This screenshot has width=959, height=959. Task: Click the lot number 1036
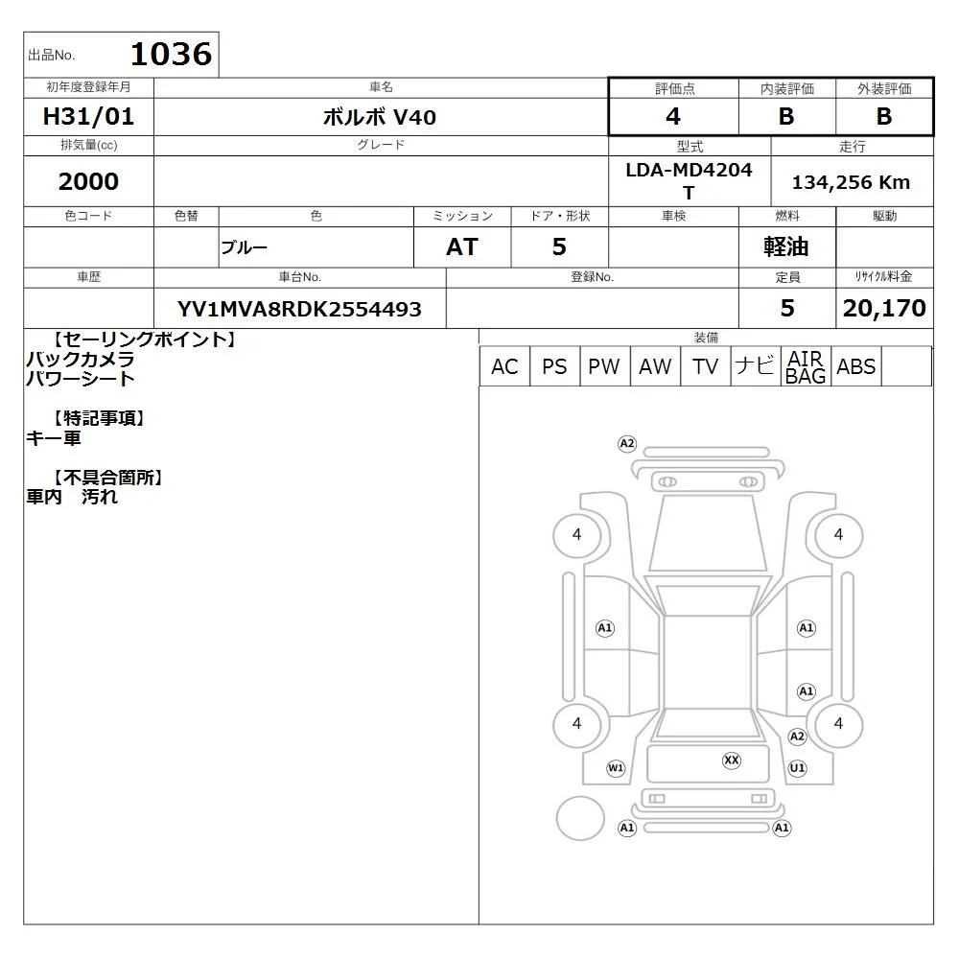pyautogui.click(x=172, y=54)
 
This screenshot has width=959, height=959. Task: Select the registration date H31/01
pyautogui.click(x=88, y=116)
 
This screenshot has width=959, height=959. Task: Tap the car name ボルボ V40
pyautogui.click(x=380, y=117)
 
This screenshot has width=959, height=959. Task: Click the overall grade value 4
pyautogui.click(x=673, y=116)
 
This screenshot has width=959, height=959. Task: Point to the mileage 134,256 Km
pyautogui.click(x=852, y=181)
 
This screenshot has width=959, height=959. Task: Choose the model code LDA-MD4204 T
pyautogui.click(x=689, y=181)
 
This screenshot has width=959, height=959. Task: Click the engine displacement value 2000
pyautogui.click(x=88, y=181)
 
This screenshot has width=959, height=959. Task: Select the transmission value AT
pyautogui.click(x=462, y=246)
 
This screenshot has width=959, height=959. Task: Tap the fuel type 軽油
pyautogui.click(x=786, y=246)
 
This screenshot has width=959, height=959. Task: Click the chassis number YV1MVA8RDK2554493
pyautogui.click(x=299, y=309)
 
